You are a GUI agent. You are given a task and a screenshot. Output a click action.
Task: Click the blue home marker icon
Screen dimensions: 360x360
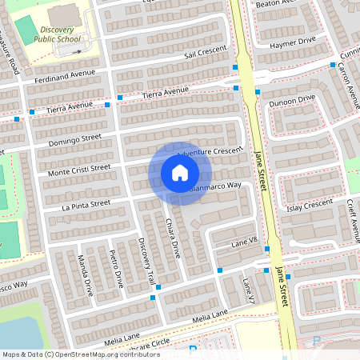point(180,173)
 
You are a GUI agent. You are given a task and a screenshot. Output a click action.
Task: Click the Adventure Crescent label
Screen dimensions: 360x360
point(210,151)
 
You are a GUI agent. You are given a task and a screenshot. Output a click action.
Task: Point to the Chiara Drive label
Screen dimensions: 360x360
point(173,237)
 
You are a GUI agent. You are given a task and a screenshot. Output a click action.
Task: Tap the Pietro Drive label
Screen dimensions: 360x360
point(116,268)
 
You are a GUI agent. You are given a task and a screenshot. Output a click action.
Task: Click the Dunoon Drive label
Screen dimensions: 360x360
point(292,102)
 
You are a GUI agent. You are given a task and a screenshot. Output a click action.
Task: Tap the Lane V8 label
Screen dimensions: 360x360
point(244,242)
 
